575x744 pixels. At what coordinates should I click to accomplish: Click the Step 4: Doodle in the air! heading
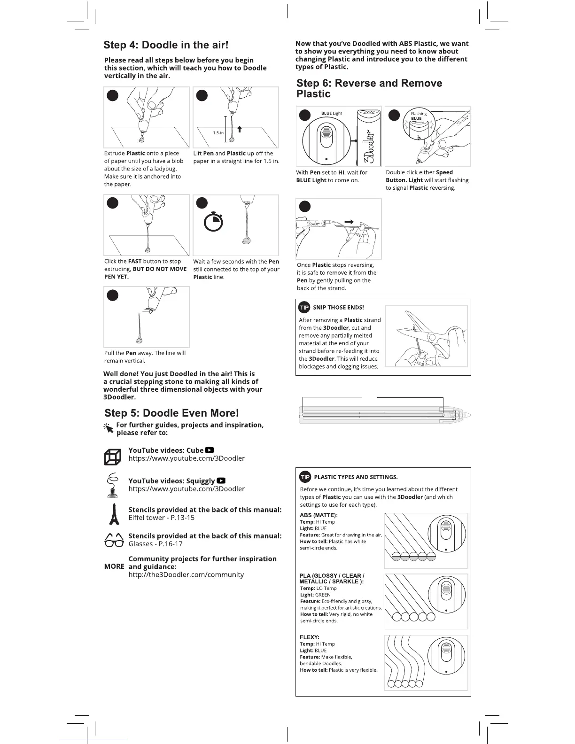coord(166,45)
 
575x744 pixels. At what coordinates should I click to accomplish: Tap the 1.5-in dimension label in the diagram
coord(218,133)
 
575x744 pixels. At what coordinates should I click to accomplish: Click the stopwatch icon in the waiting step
coord(213,222)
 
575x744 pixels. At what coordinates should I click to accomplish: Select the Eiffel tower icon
coord(113,514)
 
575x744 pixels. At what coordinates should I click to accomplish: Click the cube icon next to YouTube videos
coord(112,457)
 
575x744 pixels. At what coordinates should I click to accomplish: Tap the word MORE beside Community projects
coord(114,566)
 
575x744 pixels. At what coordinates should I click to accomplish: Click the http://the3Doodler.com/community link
coord(186,574)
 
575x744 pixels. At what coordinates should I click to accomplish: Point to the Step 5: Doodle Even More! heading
coord(171,413)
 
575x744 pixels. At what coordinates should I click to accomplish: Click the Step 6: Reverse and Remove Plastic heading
coord(369,88)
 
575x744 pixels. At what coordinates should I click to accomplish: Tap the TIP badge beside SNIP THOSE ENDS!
coord(304,307)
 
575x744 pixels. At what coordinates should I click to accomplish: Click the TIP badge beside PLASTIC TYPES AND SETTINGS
coord(305,477)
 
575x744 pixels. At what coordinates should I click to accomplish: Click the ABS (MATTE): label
coord(319,515)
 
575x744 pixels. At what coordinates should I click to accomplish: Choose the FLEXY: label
coord(309,637)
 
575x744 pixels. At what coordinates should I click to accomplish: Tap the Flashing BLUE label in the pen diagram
coord(418,116)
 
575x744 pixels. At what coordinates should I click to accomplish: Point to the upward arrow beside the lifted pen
coord(240,129)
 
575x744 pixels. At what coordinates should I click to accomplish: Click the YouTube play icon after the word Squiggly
coord(221,480)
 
